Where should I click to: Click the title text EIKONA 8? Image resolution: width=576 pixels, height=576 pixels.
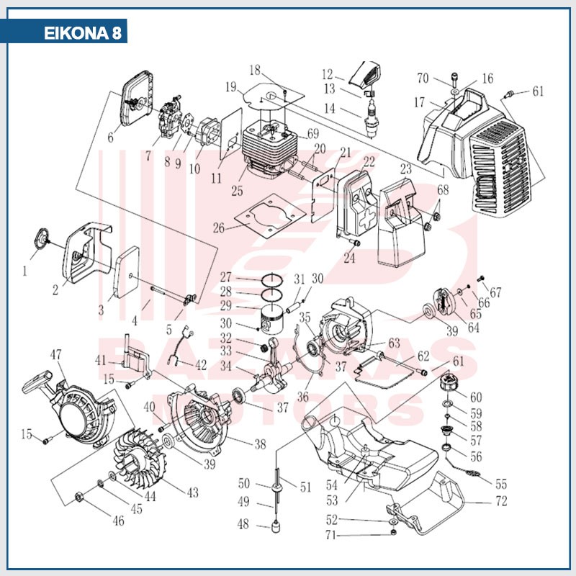point(82,34)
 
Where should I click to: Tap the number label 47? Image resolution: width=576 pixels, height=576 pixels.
point(57,354)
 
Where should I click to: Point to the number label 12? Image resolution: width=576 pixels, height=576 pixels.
point(328,73)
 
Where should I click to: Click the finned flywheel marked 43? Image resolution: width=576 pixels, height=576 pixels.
point(145,453)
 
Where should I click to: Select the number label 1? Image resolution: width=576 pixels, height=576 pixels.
point(24,271)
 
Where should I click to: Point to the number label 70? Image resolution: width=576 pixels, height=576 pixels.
point(423,78)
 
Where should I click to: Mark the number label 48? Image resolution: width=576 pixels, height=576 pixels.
point(243,525)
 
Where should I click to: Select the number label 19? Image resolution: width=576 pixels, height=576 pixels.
point(230,87)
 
